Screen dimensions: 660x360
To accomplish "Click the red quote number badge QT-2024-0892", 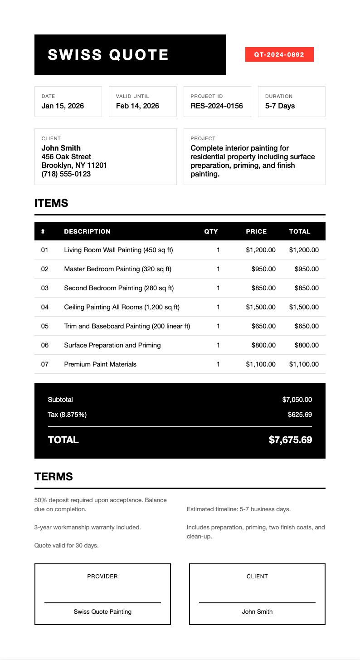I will pyautogui.click(x=279, y=54).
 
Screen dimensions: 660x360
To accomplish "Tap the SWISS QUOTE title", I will pyautogui.click(x=108, y=55).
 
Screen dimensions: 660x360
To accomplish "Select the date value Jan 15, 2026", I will pyautogui.click(x=63, y=106).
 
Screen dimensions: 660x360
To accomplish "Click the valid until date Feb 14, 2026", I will pyautogui.click(x=137, y=106).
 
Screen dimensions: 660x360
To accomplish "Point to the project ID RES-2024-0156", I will pyautogui.click(x=217, y=106).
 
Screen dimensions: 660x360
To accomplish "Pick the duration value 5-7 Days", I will pyautogui.click(x=280, y=106).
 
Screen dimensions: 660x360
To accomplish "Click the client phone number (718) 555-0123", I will pyautogui.click(x=66, y=174).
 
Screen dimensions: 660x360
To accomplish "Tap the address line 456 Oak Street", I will pyautogui.click(x=66, y=156).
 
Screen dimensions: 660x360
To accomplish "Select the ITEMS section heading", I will pyautogui.click(x=51, y=203).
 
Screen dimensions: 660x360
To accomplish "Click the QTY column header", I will pyautogui.click(x=211, y=231).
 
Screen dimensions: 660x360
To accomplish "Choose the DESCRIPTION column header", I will pyautogui.click(x=87, y=231).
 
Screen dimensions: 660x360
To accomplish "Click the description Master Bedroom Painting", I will pyautogui.click(x=118, y=269).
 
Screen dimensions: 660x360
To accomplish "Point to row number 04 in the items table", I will pyautogui.click(x=44, y=307).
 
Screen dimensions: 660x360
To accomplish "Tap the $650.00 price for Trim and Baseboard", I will pyautogui.click(x=263, y=326).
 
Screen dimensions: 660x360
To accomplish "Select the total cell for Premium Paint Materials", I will pyautogui.click(x=304, y=364).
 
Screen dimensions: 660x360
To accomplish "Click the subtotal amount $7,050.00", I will pyautogui.click(x=297, y=400).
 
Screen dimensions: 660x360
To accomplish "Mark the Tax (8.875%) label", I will pyautogui.click(x=67, y=415).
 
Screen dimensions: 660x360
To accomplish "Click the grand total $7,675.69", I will pyautogui.click(x=290, y=440).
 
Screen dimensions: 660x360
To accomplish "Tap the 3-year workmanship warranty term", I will pyautogui.click(x=88, y=527).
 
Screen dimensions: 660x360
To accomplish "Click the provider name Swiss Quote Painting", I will pyautogui.click(x=102, y=611).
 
